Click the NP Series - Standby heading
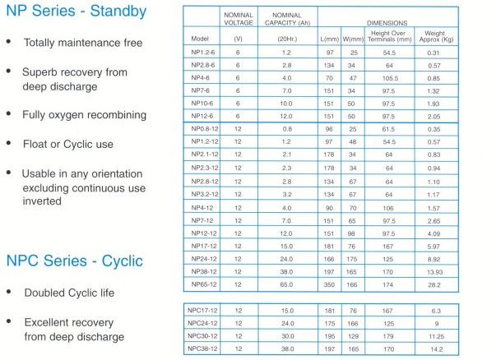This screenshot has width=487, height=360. (76, 12)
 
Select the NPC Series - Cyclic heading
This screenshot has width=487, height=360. (75, 261)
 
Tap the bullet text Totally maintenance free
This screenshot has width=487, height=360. (83, 43)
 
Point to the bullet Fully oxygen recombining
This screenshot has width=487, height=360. (84, 115)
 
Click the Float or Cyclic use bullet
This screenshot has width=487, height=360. (68, 145)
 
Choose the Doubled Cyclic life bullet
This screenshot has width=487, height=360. (69, 293)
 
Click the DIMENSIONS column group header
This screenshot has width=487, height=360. (387, 23)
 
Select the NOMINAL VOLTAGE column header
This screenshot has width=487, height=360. (239, 19)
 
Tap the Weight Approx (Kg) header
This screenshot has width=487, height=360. (436, 36)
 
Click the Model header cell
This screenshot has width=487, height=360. (200, 39)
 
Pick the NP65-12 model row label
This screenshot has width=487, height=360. (204, 284)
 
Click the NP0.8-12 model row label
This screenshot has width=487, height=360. (205, 129)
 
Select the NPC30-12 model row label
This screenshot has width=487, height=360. (202, 336)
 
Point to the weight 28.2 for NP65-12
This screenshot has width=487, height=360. (434, 285)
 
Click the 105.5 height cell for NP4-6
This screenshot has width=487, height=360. (390, 78)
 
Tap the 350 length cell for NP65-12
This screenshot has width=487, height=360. (329, 285)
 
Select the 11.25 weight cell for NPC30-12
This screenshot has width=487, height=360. (437, 336)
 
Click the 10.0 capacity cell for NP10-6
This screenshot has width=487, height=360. (286, 104)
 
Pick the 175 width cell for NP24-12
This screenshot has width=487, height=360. (352, 259)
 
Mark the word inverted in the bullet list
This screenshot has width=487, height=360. (42, 201)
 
